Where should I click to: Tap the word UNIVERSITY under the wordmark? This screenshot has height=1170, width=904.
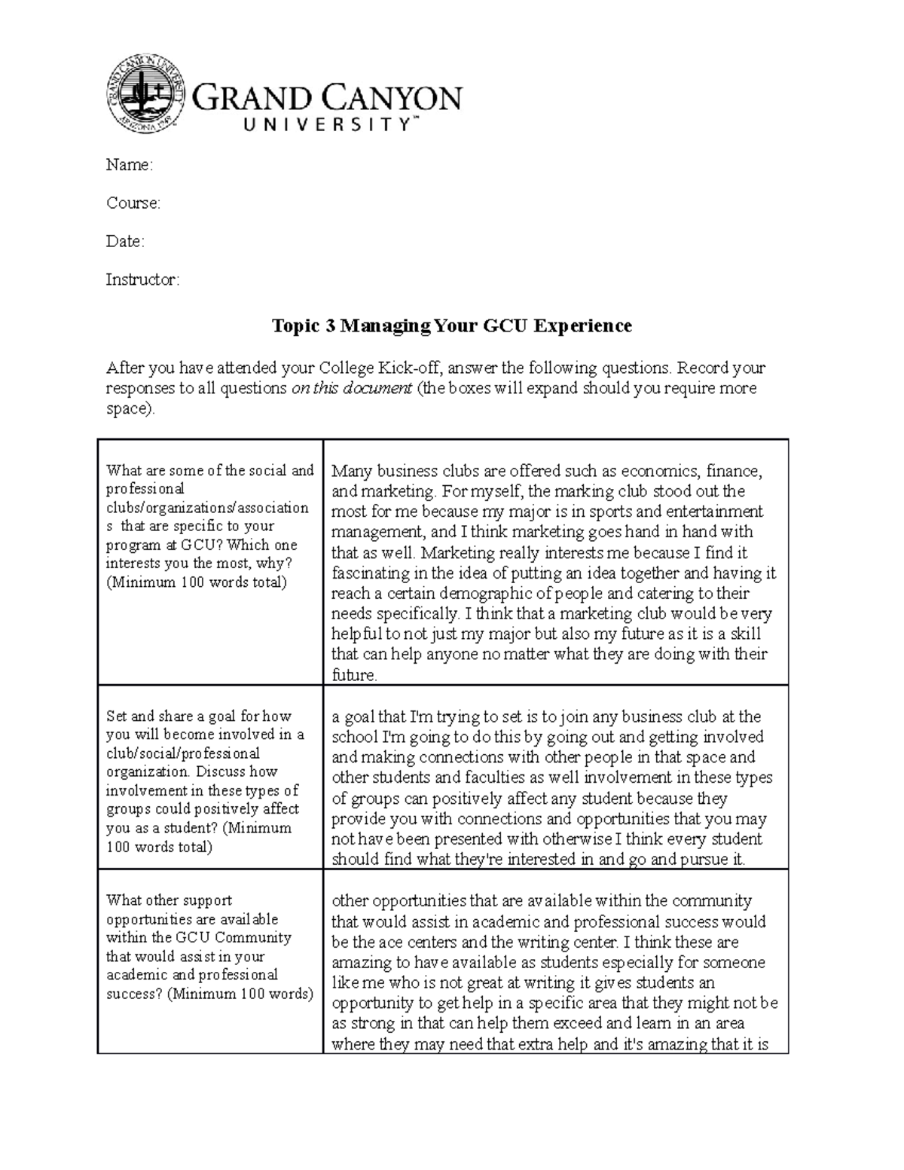(328, 125)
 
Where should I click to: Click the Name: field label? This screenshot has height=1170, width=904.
(129, 165)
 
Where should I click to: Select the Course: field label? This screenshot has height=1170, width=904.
(133, 203)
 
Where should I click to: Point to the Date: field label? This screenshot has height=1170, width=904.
(125, 242)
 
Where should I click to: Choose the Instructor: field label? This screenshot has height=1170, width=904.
(142, 280)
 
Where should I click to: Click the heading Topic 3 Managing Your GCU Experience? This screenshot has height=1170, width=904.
(451, 325)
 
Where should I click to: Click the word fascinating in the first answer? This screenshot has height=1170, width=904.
(368, 573)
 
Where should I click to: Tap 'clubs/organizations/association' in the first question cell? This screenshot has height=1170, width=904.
(207, 508)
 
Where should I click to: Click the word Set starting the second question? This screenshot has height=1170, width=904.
(116, 716)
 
